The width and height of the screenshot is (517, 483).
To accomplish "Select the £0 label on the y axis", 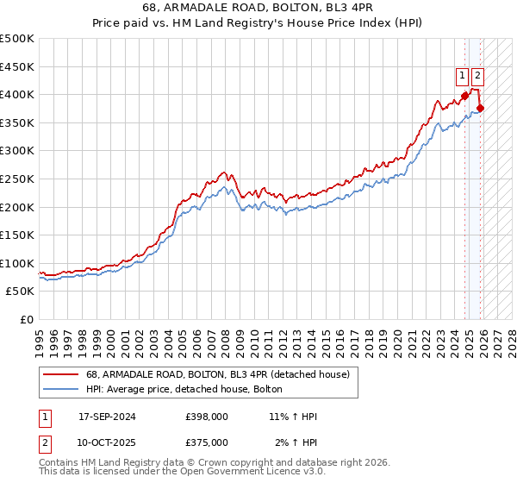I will [x=27, y=319].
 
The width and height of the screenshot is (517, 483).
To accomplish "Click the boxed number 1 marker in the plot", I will [x=463, y=76].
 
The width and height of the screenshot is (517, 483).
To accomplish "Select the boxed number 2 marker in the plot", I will [x=478, y=76].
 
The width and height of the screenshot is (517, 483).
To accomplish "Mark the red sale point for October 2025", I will [x=481, y=108].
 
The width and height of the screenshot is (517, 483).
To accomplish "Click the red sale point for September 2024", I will [x=465, y=95].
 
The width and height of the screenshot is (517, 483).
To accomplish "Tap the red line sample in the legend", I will [x=61, y=374].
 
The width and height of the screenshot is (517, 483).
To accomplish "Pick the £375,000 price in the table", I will [x=207, y=442].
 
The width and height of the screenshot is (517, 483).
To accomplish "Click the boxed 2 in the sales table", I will [x=43, y=442].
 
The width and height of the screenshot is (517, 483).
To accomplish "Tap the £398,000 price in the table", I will [x=207, y=417].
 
